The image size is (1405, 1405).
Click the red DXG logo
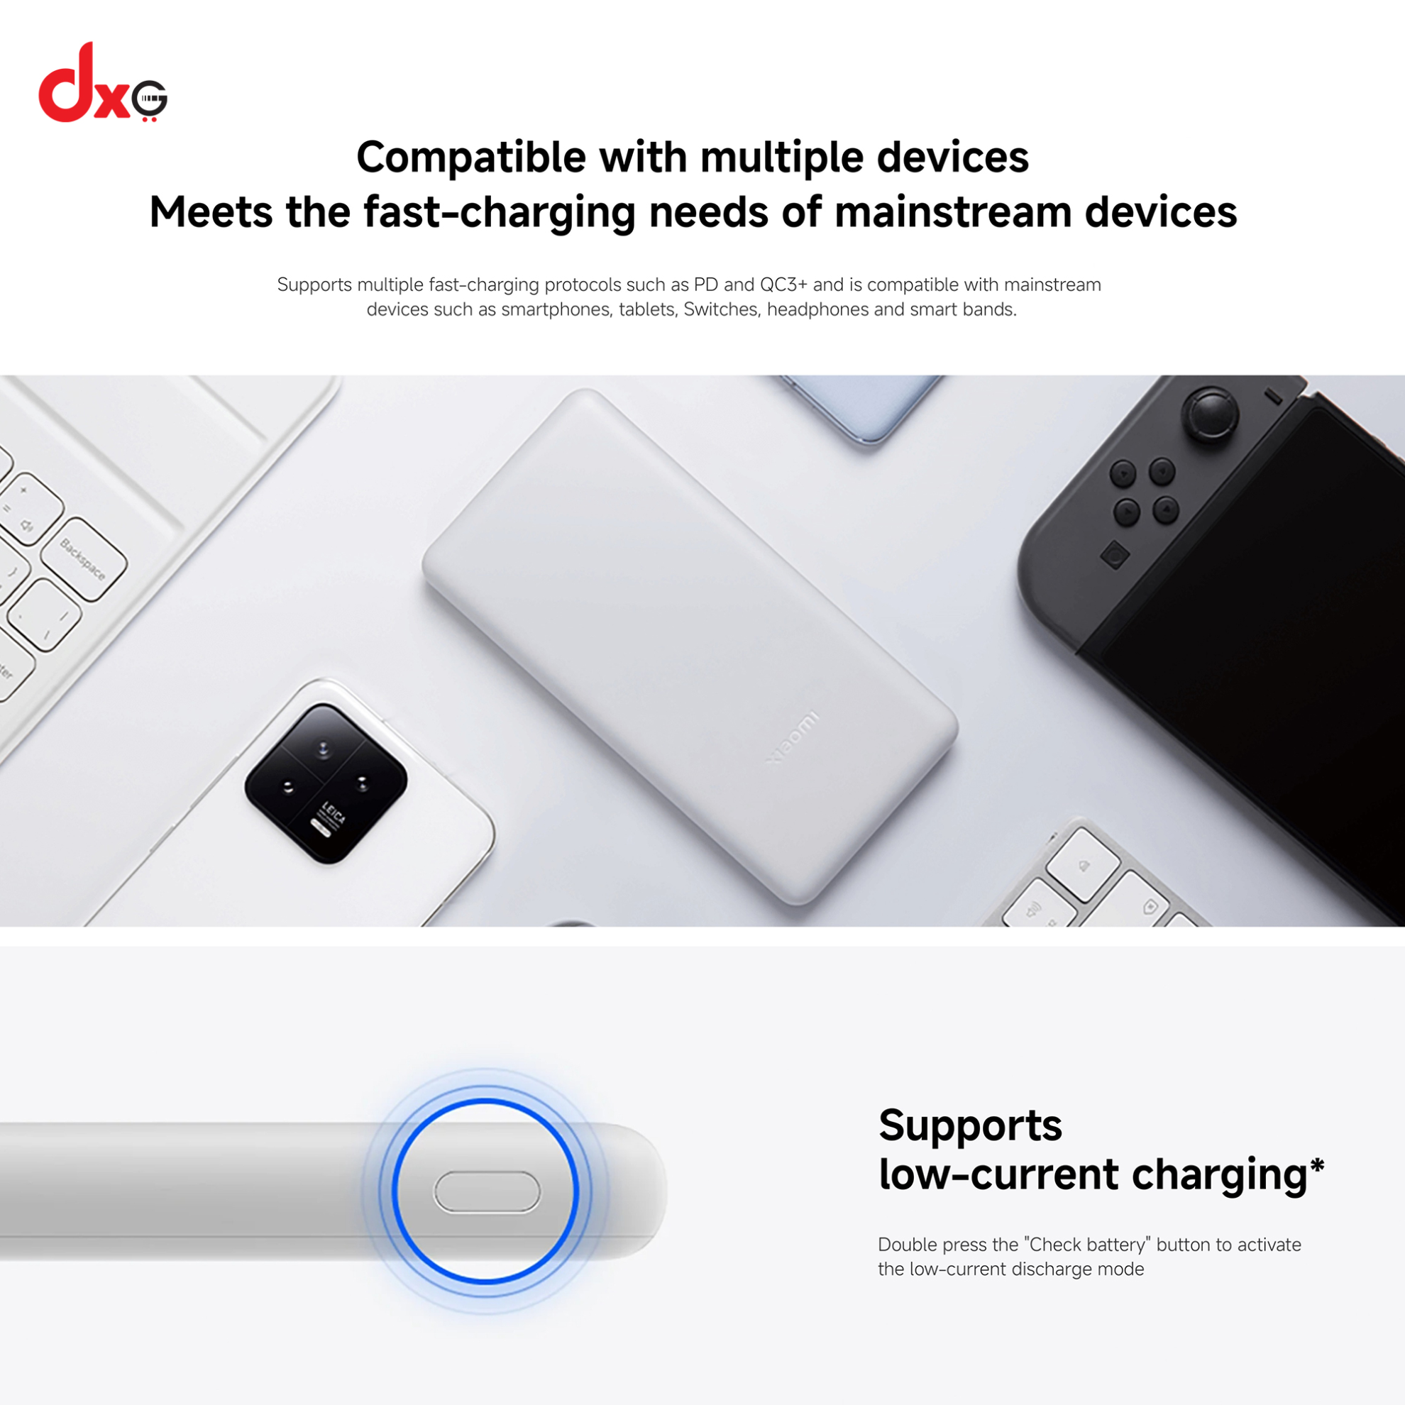[x=103, y=82]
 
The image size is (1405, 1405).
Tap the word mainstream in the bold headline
[x=953, y=212]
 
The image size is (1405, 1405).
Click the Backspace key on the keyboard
[x=84, y=558]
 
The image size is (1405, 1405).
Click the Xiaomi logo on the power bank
[x=793, y=737]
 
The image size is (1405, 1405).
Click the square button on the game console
[x=1115, y=556]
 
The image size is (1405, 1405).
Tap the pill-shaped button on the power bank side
[x=487, y=1194]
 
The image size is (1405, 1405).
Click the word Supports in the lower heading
[x=970, y=1126]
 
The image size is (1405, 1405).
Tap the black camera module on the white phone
[x=326, y=783]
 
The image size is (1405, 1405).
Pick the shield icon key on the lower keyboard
[x=1150, y=907]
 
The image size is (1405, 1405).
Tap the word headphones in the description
[x=818, y=310]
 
